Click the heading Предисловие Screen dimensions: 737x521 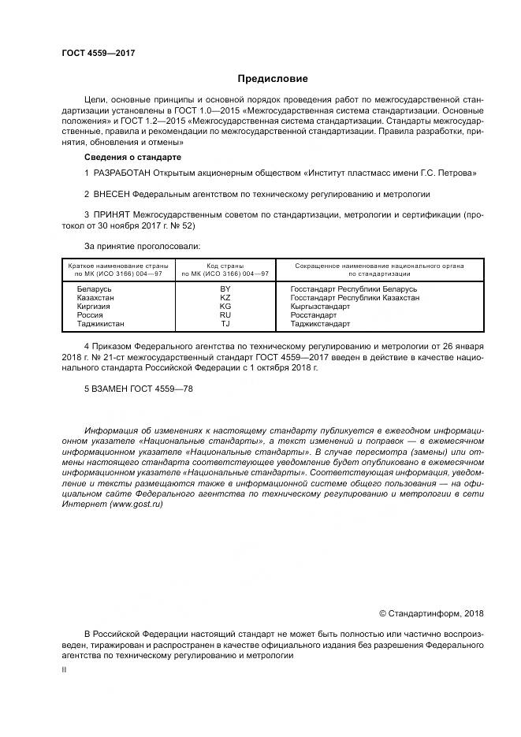274,79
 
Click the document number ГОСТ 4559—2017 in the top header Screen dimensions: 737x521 99,53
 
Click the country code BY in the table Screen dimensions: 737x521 225,289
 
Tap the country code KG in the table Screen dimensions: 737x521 225,307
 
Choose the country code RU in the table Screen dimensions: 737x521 225,315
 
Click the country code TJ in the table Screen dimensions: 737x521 225,324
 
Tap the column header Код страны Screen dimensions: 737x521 225,266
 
